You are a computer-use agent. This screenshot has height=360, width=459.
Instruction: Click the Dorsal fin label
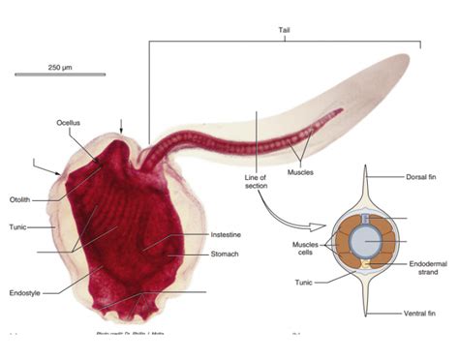coord(423,177)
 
